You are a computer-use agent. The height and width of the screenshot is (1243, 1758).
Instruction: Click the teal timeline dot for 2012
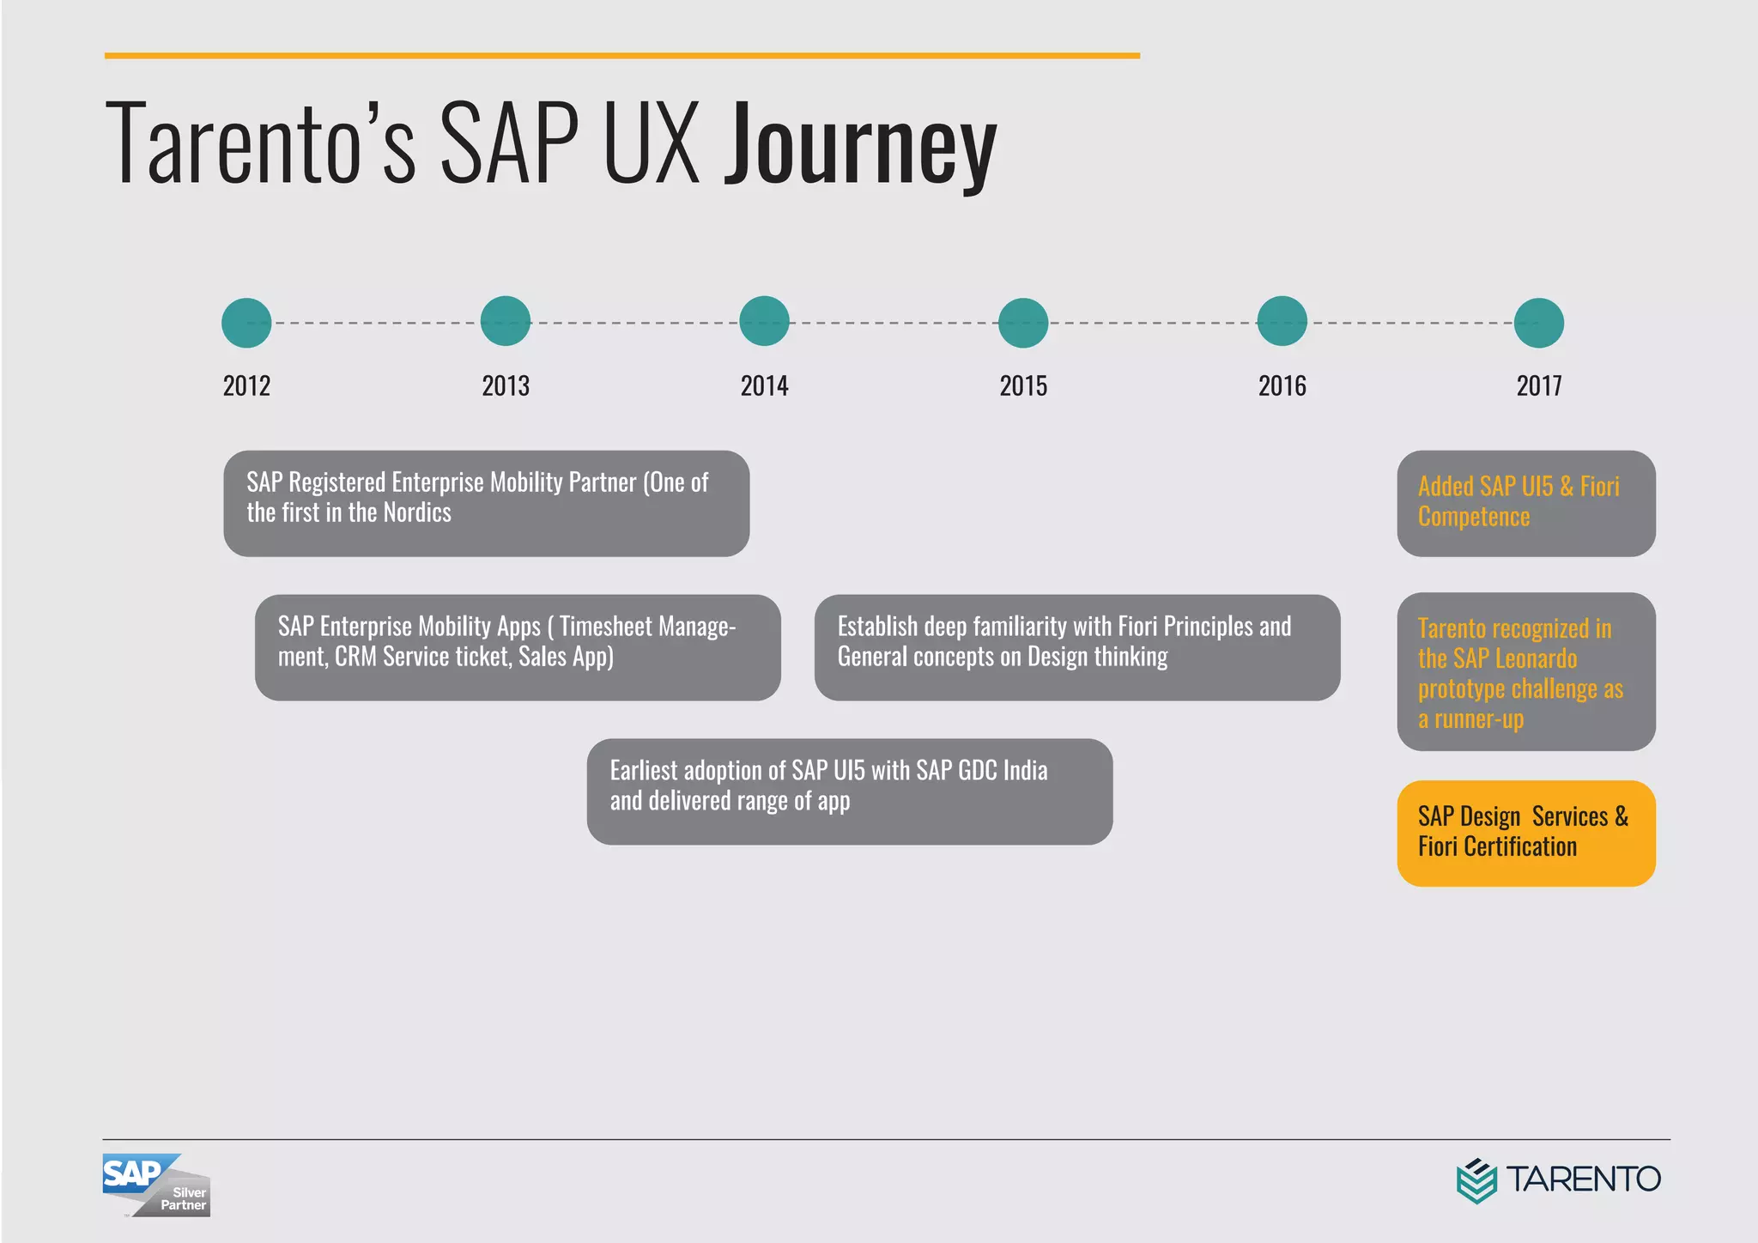click(x=246, y=323)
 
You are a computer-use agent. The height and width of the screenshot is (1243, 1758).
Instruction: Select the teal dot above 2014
click(x=764, y=321)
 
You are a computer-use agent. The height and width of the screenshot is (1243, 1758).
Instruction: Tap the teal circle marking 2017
click(x=1539, y=323)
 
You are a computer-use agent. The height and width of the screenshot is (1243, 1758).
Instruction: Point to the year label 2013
click(x=506, y=386)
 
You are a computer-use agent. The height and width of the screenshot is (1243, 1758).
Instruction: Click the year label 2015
click(x=1023, y=386)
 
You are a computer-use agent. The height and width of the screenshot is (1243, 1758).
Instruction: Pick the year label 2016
click(x=1282, y=386)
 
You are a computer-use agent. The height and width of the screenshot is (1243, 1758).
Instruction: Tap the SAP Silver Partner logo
click(x=156, y=1185)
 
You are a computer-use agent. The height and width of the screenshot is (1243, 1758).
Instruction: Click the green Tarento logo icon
click(x=1476, y=1180)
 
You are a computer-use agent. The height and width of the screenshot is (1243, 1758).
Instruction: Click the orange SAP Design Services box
click(x=1526, y=833)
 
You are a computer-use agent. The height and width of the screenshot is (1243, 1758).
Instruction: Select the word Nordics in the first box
click(x=417, y=513)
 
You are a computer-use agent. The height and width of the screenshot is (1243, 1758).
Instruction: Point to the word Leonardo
click(x=1538, y=658)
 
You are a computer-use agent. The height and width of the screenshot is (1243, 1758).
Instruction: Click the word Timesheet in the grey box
click(x=606, y=627)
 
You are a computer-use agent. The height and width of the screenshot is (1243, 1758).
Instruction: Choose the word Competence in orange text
click(x=1474, y=517)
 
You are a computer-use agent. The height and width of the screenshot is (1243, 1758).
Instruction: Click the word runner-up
click(x=1479, y=719)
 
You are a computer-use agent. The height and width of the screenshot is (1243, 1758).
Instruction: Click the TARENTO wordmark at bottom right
click(x=1584, y=1179)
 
